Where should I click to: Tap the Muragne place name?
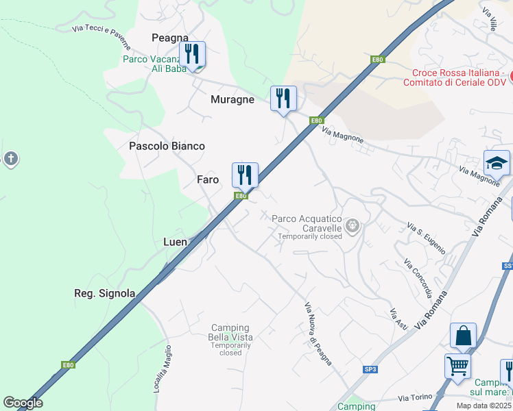[232, 99]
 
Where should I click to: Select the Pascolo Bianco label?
[167, 146]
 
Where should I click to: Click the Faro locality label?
[208, 179]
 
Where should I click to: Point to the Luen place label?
[175, 242]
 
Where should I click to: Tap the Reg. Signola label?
[104, 293]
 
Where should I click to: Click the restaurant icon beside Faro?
[245, 175]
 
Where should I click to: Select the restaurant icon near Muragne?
[283, 99]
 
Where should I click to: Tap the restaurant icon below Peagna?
[193, 55]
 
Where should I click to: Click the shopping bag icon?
[463, 336]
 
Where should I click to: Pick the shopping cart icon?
[457, 364]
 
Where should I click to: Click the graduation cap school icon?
[497, 163]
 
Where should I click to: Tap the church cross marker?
[10, 160]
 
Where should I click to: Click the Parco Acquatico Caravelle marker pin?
[353, 225]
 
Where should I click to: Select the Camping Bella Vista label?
[230, 332]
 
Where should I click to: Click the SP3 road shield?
[370, 370]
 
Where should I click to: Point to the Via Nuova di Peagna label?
[318, 334]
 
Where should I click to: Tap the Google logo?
[23, 402]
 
